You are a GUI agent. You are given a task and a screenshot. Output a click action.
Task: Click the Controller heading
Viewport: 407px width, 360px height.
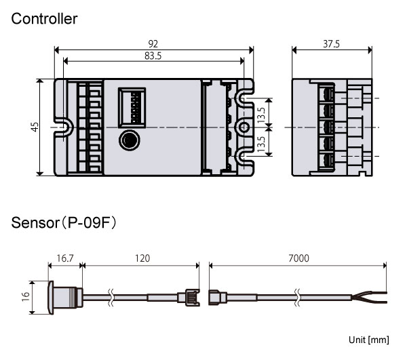coord(44,19)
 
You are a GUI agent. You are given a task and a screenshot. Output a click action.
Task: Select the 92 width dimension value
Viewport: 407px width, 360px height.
coord(153,44)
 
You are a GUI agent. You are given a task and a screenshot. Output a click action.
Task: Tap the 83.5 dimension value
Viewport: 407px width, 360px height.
coord(153,56)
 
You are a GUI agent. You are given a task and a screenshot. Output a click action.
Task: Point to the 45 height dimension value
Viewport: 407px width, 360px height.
coord(35,127)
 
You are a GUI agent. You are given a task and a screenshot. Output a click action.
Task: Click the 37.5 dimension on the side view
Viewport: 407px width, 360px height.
coord(331,44)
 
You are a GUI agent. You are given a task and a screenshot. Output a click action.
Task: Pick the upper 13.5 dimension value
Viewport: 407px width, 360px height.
coord(261,115)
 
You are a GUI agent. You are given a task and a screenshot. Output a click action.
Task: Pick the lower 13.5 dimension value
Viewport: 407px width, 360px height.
coord(261,144)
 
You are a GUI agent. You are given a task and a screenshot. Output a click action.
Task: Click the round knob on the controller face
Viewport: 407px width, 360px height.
coord(130,140)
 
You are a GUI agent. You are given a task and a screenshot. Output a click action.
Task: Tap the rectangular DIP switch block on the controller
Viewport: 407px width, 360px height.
coord(132,108)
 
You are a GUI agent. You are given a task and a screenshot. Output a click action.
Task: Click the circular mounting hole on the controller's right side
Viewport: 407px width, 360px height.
coord(244,127)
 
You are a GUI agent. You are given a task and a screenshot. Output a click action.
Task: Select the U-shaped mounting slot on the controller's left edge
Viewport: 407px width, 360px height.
coord(64,127)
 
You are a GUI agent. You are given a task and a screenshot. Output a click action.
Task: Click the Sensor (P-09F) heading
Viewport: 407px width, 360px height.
coord(64,222)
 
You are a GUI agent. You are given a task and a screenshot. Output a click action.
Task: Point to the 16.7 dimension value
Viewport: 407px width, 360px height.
coord(65,258)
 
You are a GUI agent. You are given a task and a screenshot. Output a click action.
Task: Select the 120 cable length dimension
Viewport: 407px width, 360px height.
coord(142,258)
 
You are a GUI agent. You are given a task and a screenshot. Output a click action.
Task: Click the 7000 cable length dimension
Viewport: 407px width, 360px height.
coord(298,258)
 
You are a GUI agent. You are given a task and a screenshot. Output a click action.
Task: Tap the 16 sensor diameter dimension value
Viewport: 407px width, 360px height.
coord(26,297)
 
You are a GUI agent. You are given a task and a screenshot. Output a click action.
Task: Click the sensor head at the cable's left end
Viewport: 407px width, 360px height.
coord(65,298)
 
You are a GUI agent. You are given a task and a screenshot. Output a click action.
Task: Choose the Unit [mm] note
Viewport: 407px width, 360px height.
coord(369,340)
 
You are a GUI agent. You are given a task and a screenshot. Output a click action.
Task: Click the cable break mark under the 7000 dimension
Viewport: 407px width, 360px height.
coord(298,298)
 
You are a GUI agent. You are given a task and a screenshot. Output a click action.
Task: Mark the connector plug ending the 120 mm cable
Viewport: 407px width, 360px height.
coord(189,298)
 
